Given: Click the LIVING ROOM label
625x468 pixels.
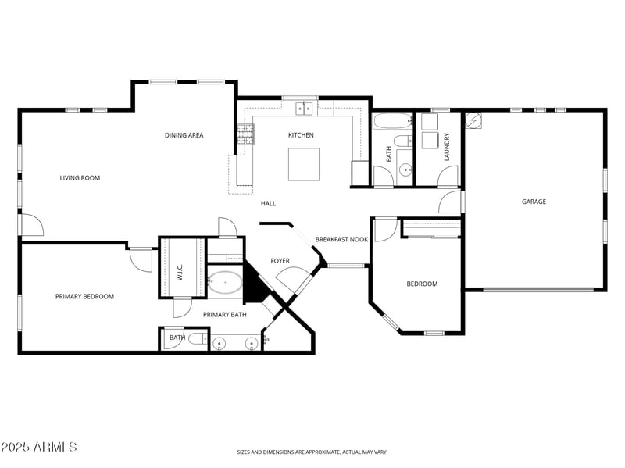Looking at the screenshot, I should (80, 178).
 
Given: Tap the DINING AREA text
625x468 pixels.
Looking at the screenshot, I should (184, 135).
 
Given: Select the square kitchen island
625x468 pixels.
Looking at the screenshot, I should (304, 164).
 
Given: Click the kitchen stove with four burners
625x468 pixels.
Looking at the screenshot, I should (245, 134).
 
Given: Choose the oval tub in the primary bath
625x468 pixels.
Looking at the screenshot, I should (226, 282).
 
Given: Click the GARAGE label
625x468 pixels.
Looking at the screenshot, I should (534, 202).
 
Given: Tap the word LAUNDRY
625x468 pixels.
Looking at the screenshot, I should (447, 147).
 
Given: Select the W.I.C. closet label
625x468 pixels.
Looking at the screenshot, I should (180, 272).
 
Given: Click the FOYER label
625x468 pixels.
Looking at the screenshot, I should (280, 261).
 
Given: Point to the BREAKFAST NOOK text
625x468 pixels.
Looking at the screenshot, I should (341, 240).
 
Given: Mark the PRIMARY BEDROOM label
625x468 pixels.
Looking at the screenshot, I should (84, 296).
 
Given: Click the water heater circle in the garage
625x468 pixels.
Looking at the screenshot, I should (473, 121).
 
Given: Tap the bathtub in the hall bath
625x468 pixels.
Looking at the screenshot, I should (392, 122).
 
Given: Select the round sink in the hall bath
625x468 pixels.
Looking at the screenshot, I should (405, 169).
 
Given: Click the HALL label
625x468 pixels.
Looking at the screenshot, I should (268, 203).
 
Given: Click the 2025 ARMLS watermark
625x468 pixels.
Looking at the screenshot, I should (39, 447).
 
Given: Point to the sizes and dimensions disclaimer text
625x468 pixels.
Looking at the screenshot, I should (312, 452).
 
